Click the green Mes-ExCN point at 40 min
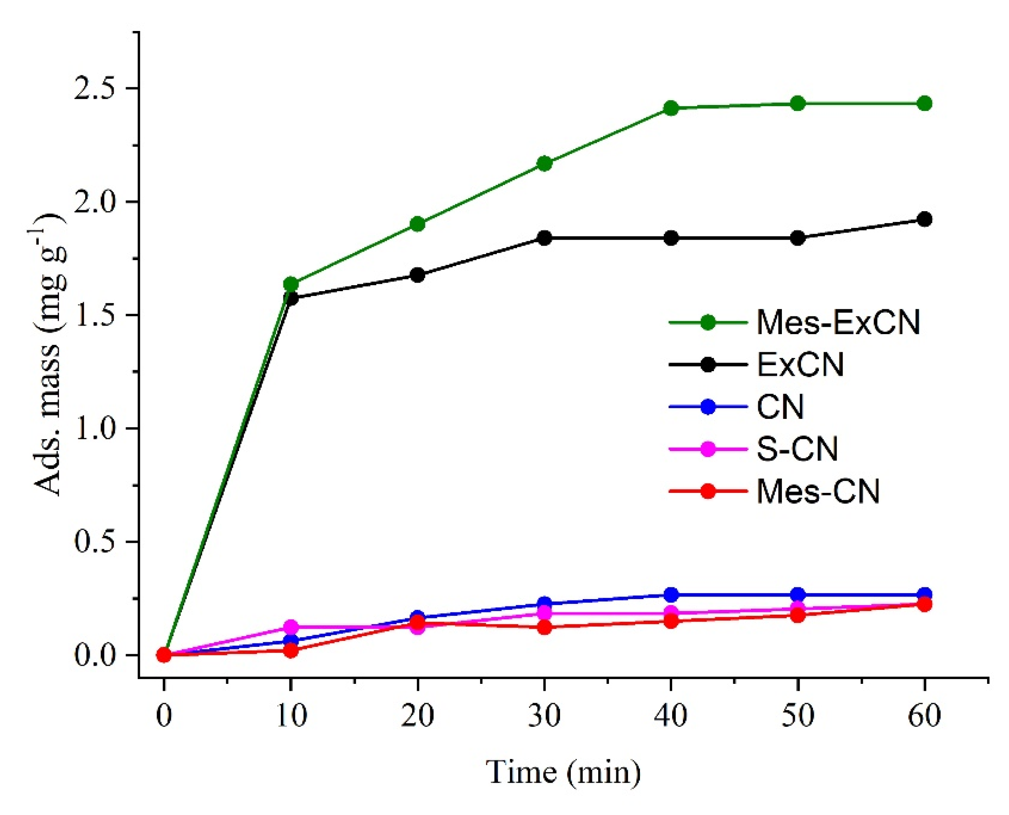(671, 108)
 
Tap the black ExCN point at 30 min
(544, 238)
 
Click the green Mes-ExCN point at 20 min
(417, 224)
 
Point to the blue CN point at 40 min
(671, 595)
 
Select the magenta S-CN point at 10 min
(291, 627)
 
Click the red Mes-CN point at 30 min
(544, 627)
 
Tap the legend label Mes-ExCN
(838, 323)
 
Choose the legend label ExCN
(800, 365)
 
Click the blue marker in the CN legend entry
(708, 407)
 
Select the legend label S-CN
(797, 449)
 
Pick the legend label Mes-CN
(818, 492)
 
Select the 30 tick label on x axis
(544, 716)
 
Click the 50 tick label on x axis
(798, 716)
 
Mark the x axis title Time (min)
(563, 772)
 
